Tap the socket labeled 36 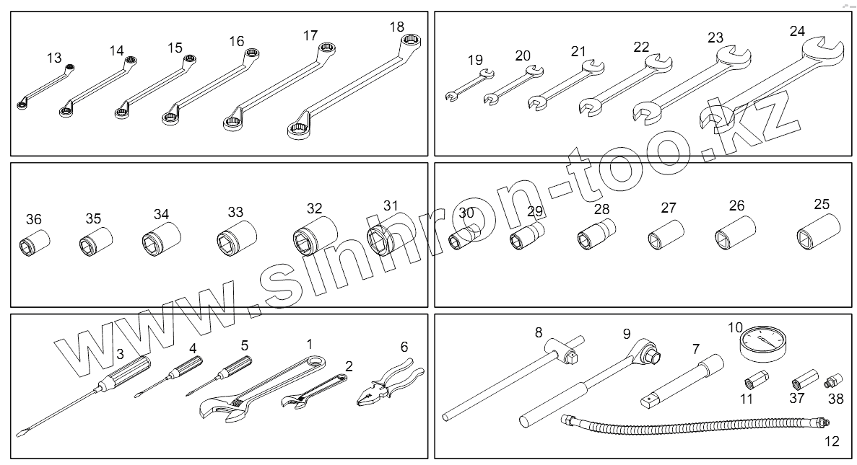tap(33, 242)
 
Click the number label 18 tap(396, 27)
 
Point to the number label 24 tap(797, 31)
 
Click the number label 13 tap(54, 57)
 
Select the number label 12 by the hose tap(832, 441)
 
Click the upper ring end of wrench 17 tap(326, 50)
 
